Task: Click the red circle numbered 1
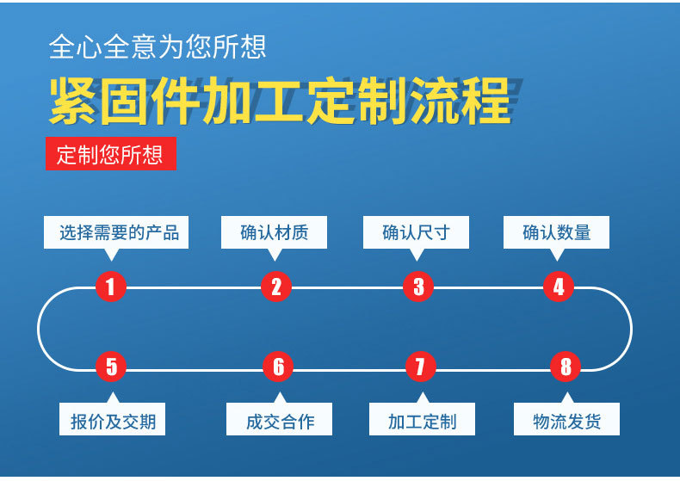tap(111, 287)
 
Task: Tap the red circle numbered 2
tap(275, 287)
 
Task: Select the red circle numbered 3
tap(418, 287)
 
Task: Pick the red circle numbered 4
tap(559, 287)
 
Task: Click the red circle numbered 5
tap(111, 367)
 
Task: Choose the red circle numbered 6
tap(278, 367)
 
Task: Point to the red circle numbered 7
tap(420, 367)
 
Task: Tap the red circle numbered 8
tap(566, 367)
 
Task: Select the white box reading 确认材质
tap(274, 232)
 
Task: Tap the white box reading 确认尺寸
tap(416, 232)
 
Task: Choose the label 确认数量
tap(557, 232)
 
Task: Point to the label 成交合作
tap(280, 421)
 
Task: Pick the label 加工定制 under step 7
tap(422, 421)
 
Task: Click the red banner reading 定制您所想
tap(110, 155)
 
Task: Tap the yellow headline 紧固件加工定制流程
tap(281, 102)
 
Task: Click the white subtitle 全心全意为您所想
tap(158, 46)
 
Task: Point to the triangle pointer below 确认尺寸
tap(417, 254)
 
